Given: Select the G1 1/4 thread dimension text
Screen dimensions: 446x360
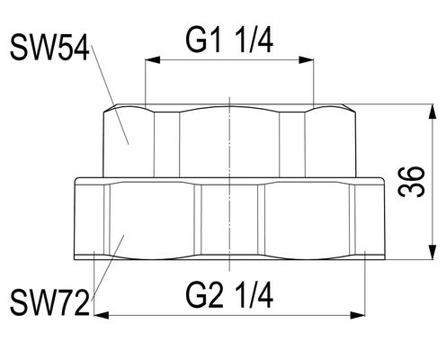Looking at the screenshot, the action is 229,41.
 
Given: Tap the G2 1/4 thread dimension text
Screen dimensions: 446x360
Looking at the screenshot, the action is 229,296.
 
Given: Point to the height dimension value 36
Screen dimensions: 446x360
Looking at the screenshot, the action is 412,182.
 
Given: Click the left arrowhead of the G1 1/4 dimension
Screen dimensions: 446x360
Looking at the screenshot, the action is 153,59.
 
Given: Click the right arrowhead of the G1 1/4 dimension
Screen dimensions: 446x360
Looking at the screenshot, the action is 306,59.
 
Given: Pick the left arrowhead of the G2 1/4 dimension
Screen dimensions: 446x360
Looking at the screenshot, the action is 102,315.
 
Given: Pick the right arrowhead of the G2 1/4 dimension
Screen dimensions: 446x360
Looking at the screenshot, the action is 358,315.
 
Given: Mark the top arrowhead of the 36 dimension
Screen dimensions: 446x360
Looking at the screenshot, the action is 433,112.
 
